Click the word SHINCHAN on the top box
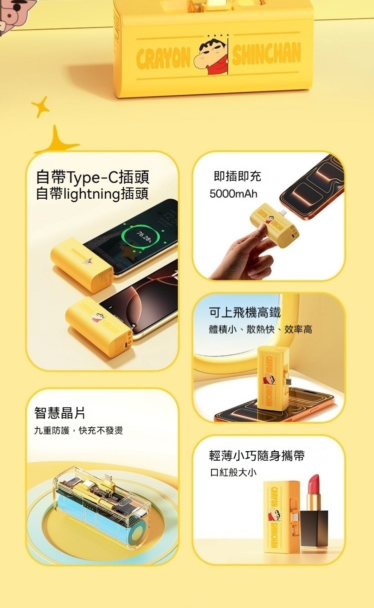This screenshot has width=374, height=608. [x=267, y=55]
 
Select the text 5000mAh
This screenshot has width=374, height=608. [x=233, y=194]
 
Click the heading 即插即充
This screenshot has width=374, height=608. [x=237, y=176]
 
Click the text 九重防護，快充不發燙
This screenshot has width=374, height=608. [x=79, y=430]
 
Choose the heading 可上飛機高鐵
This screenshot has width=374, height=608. [x=245, y=312]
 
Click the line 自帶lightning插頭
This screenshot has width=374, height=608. [x=92, y=194]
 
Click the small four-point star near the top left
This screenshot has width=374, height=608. [x=40, y=107]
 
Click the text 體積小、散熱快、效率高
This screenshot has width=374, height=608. [x=261, y=330]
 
